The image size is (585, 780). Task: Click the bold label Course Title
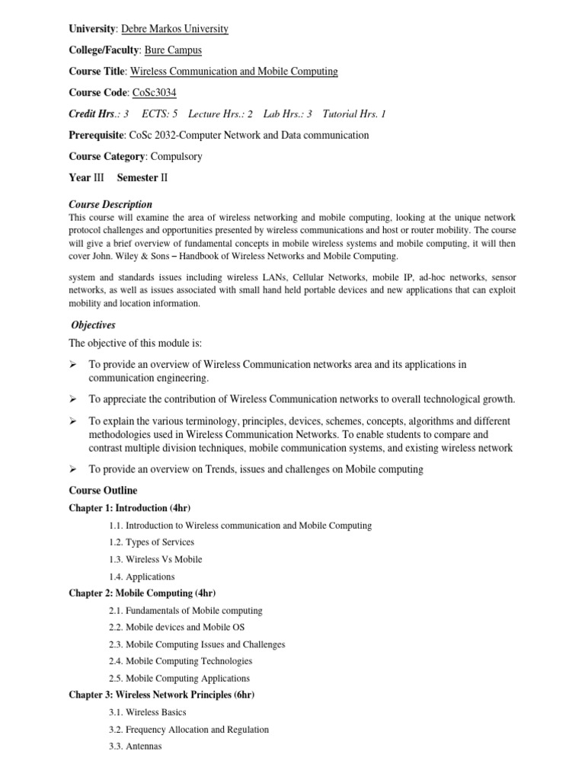coord(97,72)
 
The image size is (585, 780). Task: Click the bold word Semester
coord(137,177)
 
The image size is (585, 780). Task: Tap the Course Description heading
coord(110,204)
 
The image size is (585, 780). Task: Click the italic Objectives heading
coord(93,325)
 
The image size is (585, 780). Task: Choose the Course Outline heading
coord(103,491)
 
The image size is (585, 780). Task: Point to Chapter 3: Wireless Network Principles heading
coord(161,695)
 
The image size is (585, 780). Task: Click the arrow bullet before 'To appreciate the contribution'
coord(74,400)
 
